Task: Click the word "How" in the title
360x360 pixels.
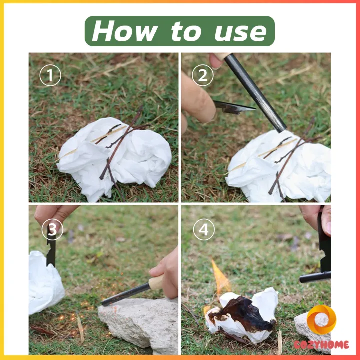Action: pos(125,31)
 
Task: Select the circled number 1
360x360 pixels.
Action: pos(50,75)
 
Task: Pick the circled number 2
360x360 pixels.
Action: pos(203,75)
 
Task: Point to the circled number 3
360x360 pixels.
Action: pos(52,229)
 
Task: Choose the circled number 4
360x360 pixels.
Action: pos(204,229)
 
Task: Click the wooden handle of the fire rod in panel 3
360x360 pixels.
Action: pos(156,282)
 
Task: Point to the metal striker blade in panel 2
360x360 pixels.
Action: pos(234,107)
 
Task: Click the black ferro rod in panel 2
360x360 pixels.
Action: pos(255,93)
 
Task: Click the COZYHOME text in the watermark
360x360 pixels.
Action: pos(321,345)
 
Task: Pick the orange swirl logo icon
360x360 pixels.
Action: pos(321,320)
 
